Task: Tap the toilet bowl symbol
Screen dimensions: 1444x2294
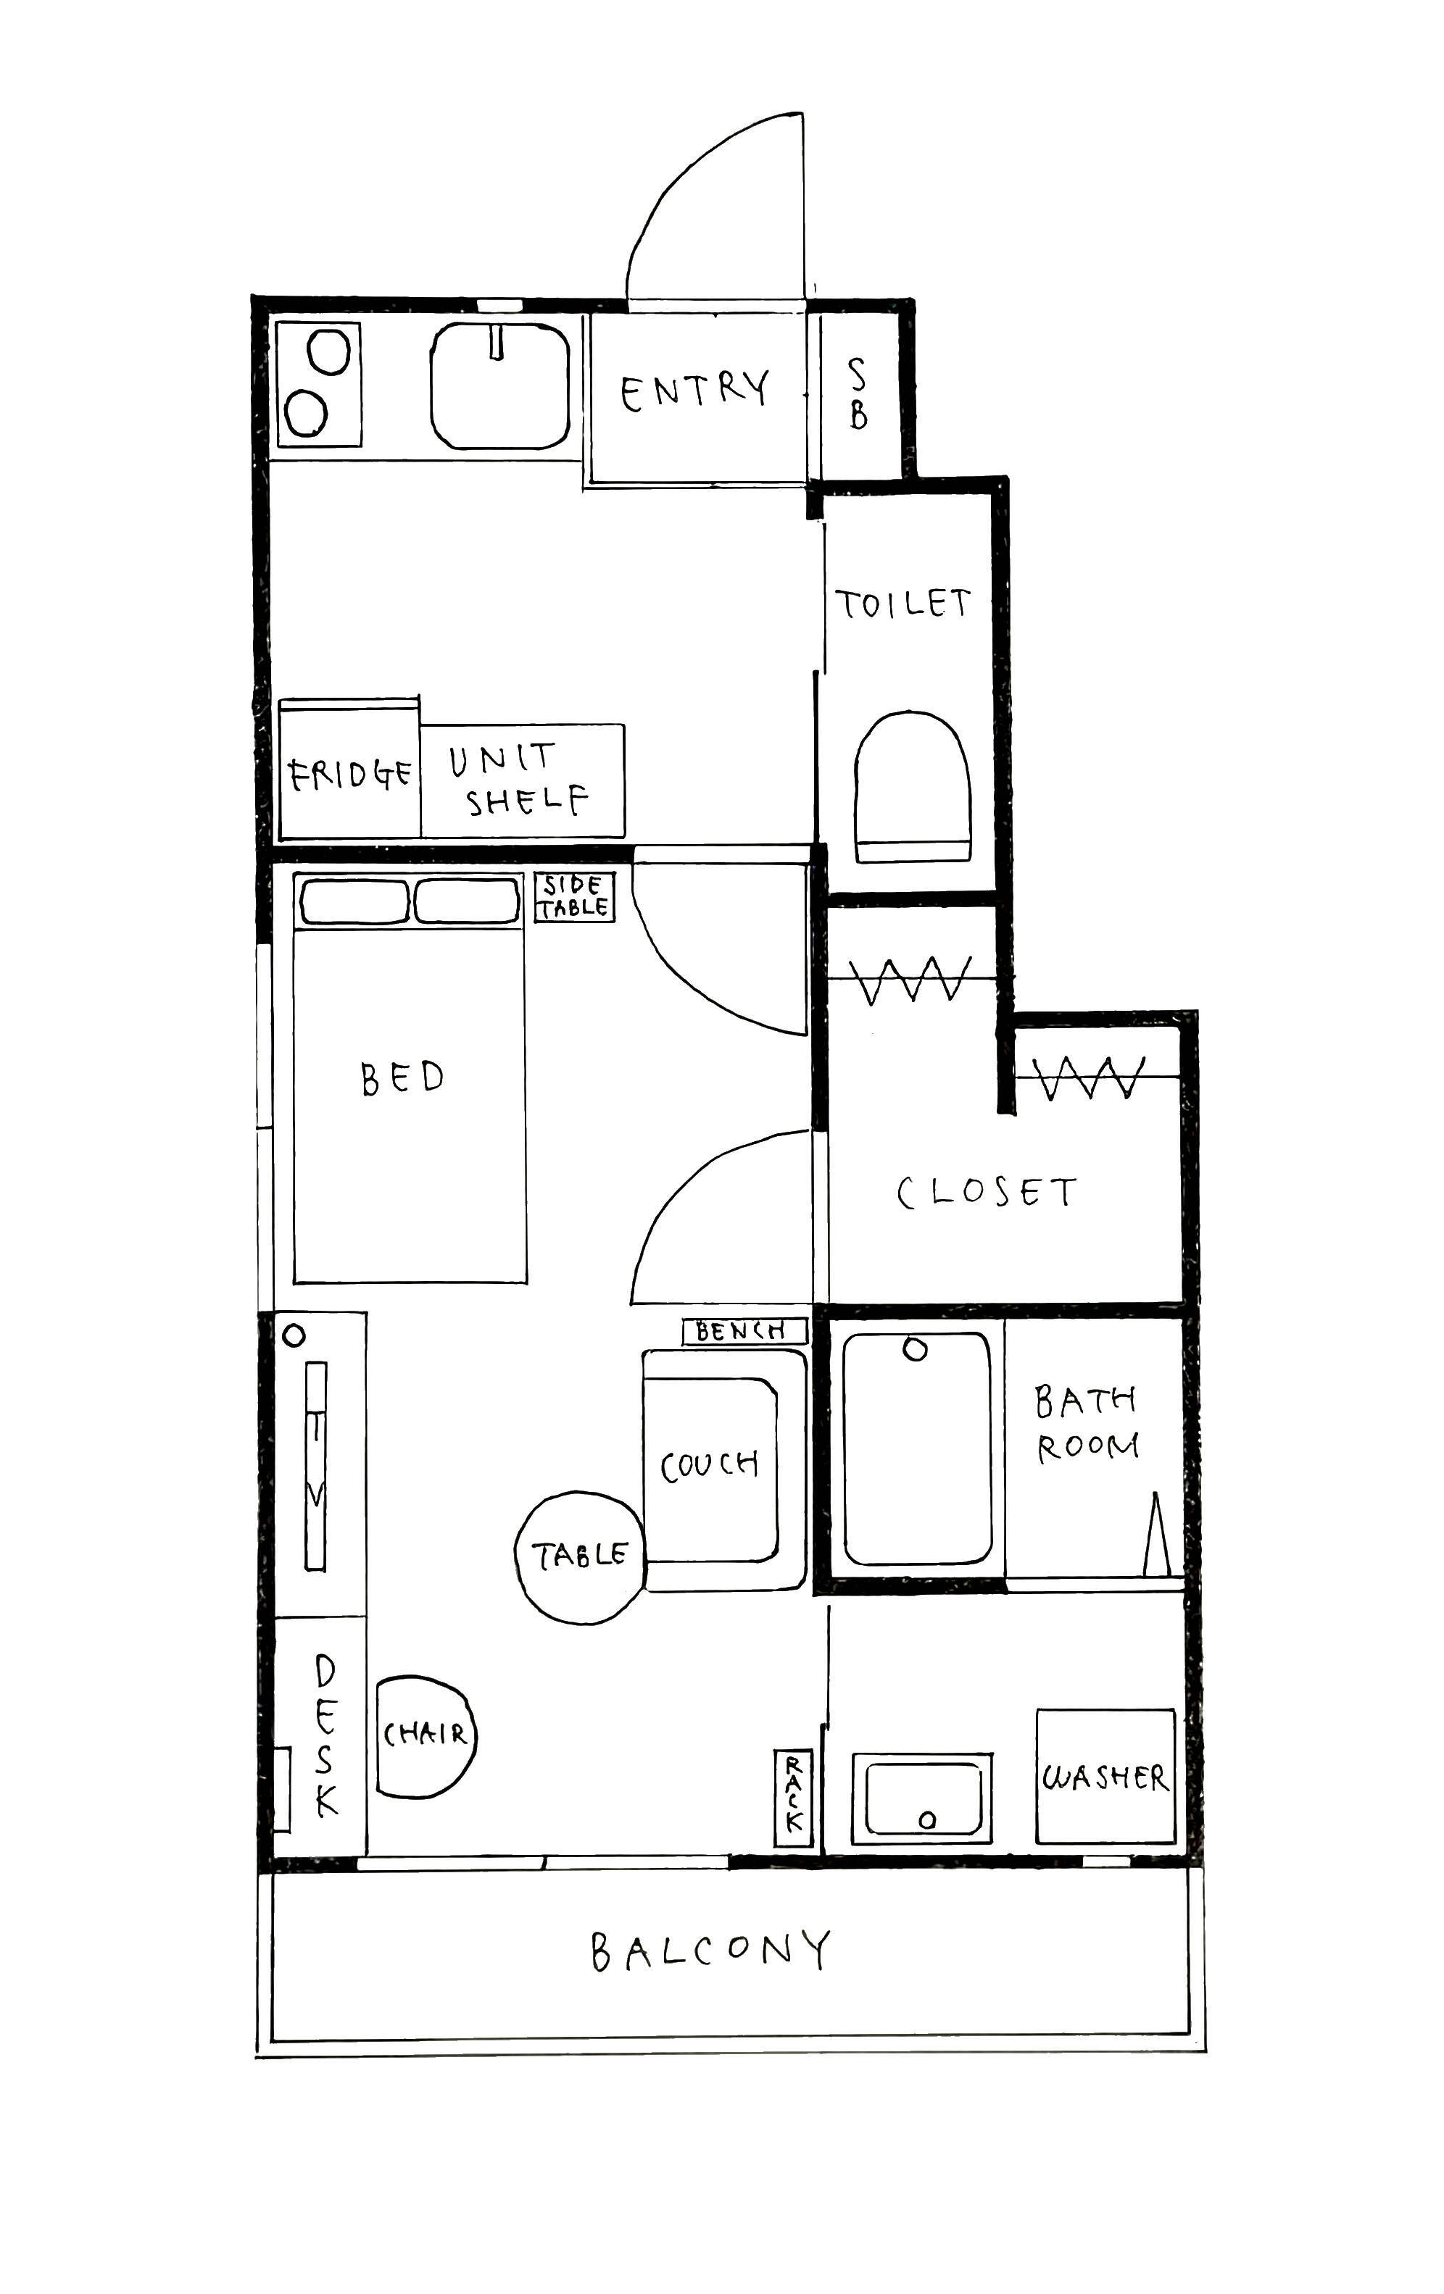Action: coord(912,787)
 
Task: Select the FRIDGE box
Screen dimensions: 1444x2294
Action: coord(349,769)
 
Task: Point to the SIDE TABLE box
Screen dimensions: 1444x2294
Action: coord(575,896)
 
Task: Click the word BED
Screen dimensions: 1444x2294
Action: coord(402,1077)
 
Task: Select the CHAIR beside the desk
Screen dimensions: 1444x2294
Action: coord(425,1736)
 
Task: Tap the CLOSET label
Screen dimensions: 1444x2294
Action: coord(987,1192)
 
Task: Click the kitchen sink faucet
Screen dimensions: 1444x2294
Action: coord(496,342)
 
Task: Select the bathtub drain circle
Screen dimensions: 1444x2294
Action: coord(915,1350)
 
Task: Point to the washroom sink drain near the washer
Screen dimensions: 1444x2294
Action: coord(926,1819)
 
